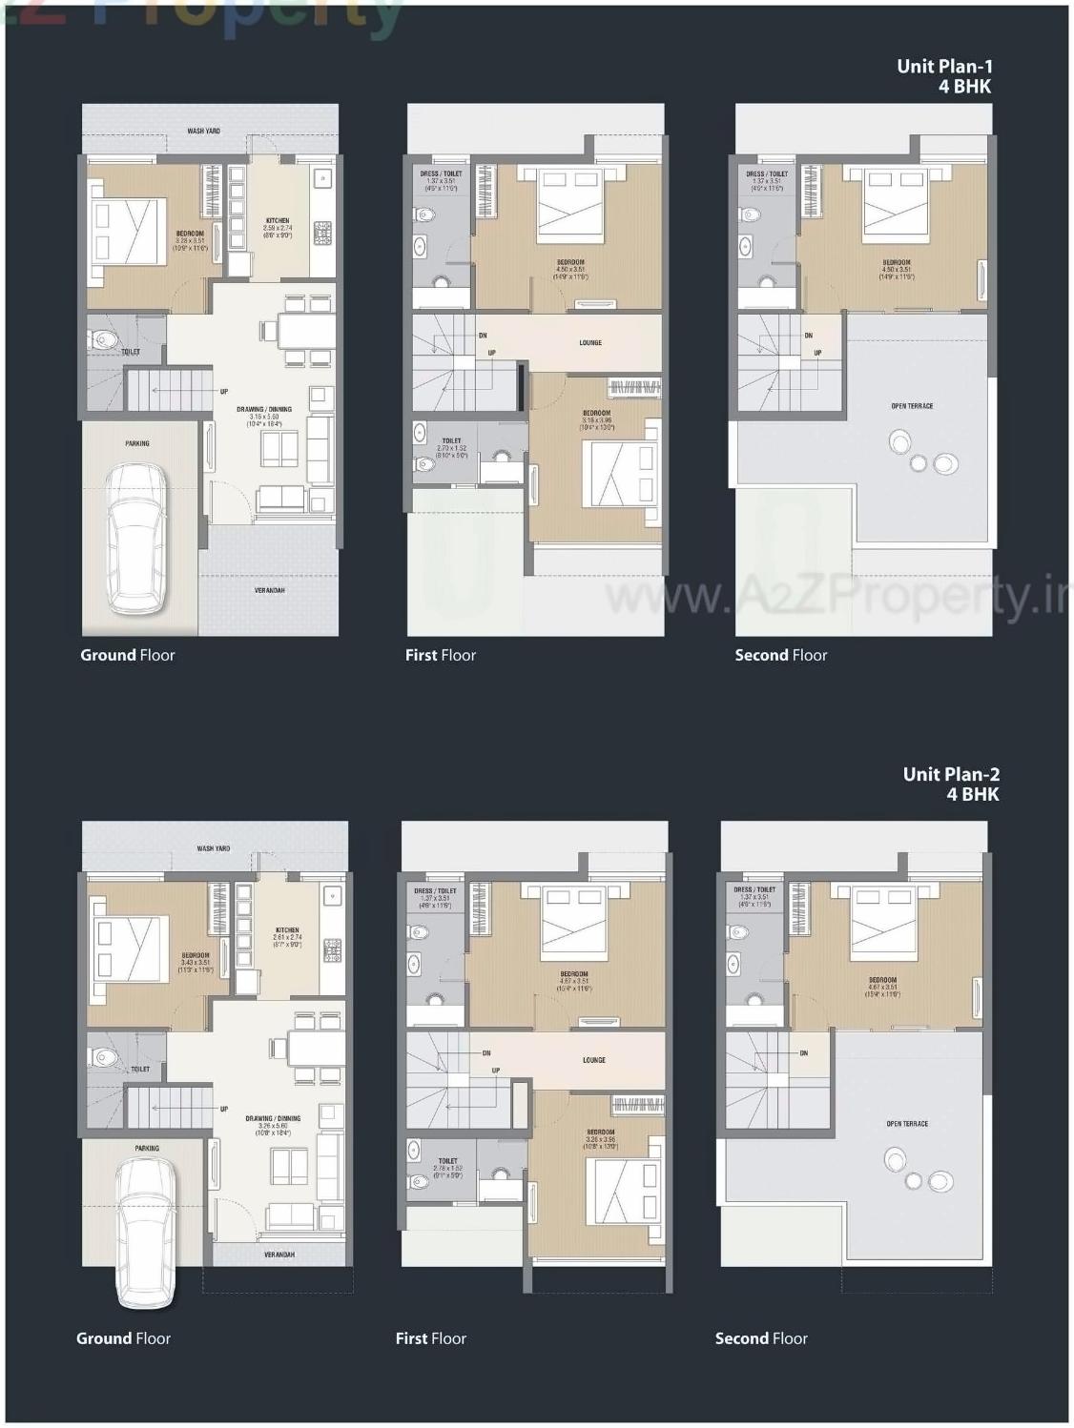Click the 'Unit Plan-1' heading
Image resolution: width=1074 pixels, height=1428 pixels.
point(944,66)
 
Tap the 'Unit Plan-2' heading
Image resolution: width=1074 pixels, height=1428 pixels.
point(951,774)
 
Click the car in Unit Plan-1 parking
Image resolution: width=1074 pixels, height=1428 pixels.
point(136,539)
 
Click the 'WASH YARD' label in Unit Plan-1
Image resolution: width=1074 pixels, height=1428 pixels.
point(203,131)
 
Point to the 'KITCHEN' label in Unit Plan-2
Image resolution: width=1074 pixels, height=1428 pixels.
point(287,929)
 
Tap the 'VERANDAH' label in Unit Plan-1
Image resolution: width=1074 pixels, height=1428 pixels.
point(269,590)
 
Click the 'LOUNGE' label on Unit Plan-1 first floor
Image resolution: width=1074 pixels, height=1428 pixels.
point(590,342)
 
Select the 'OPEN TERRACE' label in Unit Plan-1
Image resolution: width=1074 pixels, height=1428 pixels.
point(912,406)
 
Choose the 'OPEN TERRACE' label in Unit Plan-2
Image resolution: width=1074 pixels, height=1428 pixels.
point(907,1124)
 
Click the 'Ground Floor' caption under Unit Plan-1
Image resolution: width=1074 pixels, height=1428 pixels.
point(128,655)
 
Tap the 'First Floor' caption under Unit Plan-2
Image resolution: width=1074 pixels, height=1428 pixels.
point(431,1338)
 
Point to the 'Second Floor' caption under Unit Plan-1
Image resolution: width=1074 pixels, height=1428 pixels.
point(781,655)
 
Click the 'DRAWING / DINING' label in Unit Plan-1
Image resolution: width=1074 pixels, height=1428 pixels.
point(264,409)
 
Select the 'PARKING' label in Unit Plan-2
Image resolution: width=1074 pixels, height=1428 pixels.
point(147,1149)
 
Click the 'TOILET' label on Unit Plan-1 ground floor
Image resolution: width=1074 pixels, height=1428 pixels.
point(131,352)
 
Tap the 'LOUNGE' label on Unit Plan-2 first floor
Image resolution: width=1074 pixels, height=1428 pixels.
point(594,1060)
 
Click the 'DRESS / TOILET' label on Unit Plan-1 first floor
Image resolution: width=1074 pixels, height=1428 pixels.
point(441,173)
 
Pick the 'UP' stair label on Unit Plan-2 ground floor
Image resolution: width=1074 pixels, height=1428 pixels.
point(224,1109)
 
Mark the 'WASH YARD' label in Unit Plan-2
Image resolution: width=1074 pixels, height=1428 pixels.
point(213,848)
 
